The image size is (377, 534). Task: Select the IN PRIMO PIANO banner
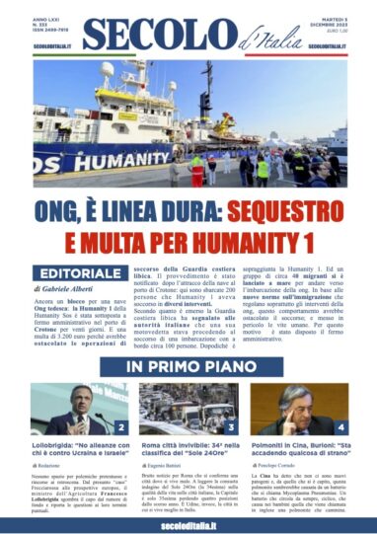tap(188, 367)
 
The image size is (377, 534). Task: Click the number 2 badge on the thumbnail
tap(119, 427)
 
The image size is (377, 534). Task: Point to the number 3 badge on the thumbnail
tap(231, 427)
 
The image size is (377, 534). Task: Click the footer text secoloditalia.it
tap(188, 520)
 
